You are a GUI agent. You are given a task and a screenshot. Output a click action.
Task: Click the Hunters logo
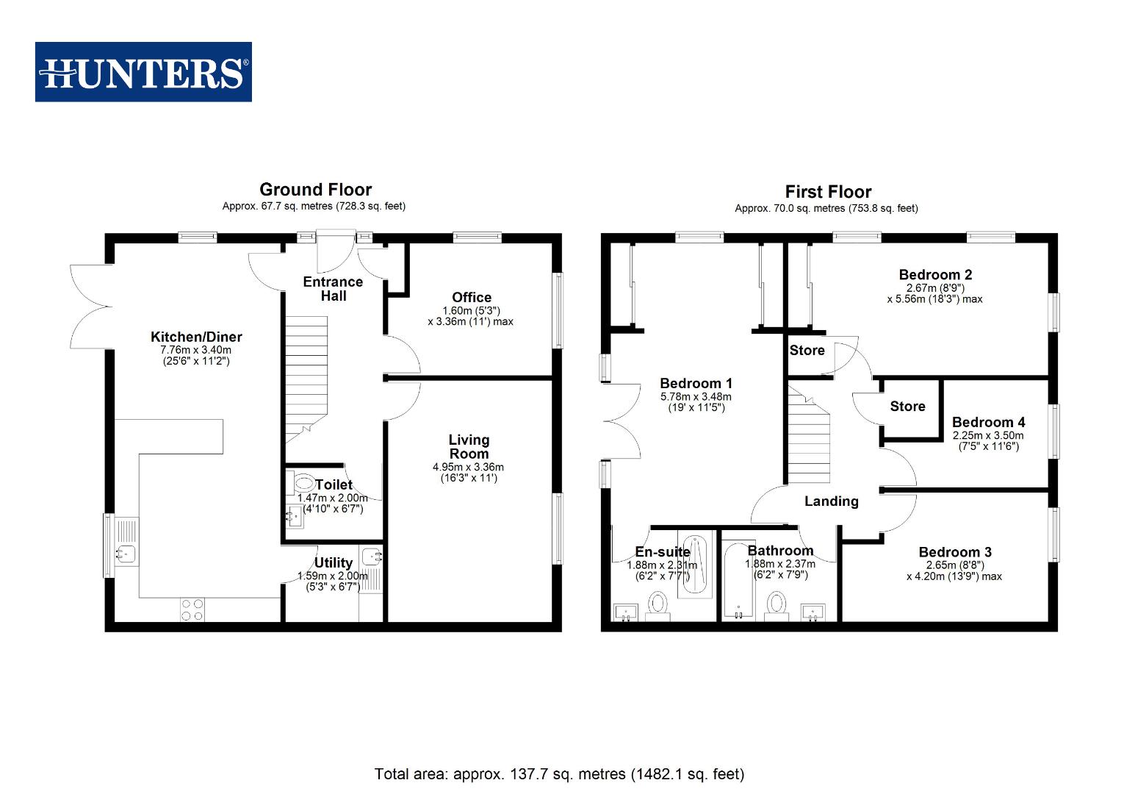tap(143, 72)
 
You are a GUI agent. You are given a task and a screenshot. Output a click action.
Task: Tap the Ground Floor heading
tap(315, 190)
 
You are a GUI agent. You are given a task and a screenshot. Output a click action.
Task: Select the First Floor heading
tap(828, 192)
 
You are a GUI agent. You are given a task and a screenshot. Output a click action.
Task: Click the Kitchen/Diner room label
tap(196, 337)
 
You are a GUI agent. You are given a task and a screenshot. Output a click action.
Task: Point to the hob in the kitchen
tap(193, 609)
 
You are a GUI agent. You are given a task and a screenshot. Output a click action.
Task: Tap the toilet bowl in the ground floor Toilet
tap(303, 483)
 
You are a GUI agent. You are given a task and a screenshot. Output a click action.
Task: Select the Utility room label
tap(334, 562)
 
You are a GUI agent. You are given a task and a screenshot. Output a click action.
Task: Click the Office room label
tap(472, 297)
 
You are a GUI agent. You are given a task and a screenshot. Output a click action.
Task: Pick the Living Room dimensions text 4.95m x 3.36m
tap(469, 467)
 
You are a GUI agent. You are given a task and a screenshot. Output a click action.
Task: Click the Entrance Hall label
tap(333, 288)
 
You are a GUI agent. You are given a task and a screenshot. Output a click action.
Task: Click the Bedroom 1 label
tap(696, 383)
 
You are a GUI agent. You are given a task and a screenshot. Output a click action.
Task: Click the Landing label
tap(831, 501)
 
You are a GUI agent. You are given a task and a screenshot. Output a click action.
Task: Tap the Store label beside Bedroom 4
tap(907, 406)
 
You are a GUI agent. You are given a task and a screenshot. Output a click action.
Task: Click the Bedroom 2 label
tap(935, 275)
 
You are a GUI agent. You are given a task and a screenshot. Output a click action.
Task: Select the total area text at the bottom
tap(559, 773)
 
